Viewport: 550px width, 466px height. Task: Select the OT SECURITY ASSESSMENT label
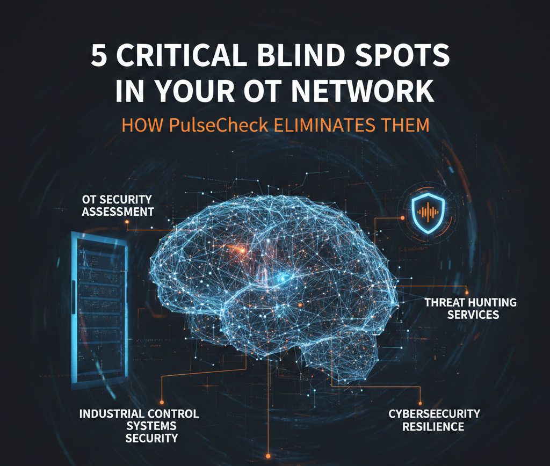click(117, 205)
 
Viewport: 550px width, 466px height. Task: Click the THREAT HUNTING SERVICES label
click(470, 308)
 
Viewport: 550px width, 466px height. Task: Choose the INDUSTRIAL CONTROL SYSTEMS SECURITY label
click(139, 426)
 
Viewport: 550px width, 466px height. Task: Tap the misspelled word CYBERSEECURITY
click(434, 414)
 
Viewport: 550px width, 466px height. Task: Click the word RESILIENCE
click(434, 427)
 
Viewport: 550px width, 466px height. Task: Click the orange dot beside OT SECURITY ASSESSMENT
click(127, 221)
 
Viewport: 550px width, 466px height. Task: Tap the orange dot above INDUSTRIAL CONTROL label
click(162, 401)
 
